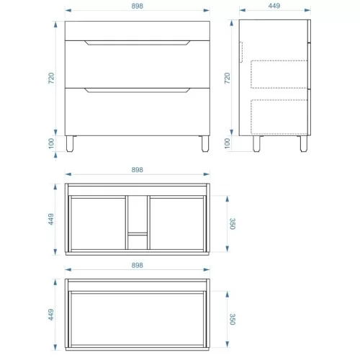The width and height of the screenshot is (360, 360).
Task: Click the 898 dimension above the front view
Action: [137, 6]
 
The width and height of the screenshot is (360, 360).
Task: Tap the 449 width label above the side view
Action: [274, 6]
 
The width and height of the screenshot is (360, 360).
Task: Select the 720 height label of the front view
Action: [51, 78]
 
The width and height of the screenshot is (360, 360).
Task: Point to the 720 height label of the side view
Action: [227, 78]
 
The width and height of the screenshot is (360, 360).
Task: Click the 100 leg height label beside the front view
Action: [51, 143]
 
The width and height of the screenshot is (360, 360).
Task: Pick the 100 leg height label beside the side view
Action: [227, 143]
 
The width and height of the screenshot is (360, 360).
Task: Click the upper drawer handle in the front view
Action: [138, 43]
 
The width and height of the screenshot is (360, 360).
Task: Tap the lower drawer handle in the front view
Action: [138, 91]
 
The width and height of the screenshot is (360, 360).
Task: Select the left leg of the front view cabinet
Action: [70, 144]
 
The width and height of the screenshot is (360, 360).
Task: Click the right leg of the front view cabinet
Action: [205, 144]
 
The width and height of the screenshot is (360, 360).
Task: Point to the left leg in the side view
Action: [256, 144]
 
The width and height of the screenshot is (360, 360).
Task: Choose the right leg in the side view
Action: [304, 144]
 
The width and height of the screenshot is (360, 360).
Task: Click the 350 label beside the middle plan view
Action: [233, 224]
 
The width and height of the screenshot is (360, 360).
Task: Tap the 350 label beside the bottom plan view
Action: [233, 319]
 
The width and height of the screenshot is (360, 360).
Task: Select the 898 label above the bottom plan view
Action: [137, 265]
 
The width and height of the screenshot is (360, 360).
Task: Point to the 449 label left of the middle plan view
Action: [51, 219]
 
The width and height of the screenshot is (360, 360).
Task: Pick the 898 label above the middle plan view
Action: [137, 170]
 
